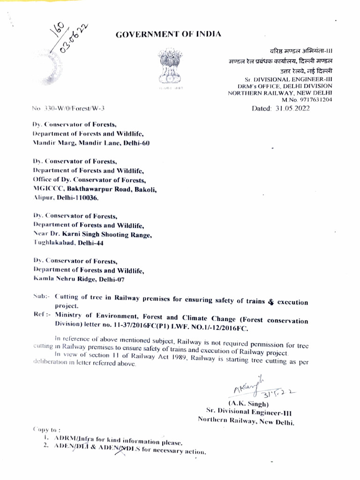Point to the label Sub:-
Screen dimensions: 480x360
pos(42,297)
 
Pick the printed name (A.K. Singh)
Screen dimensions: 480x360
pos(248,404)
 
